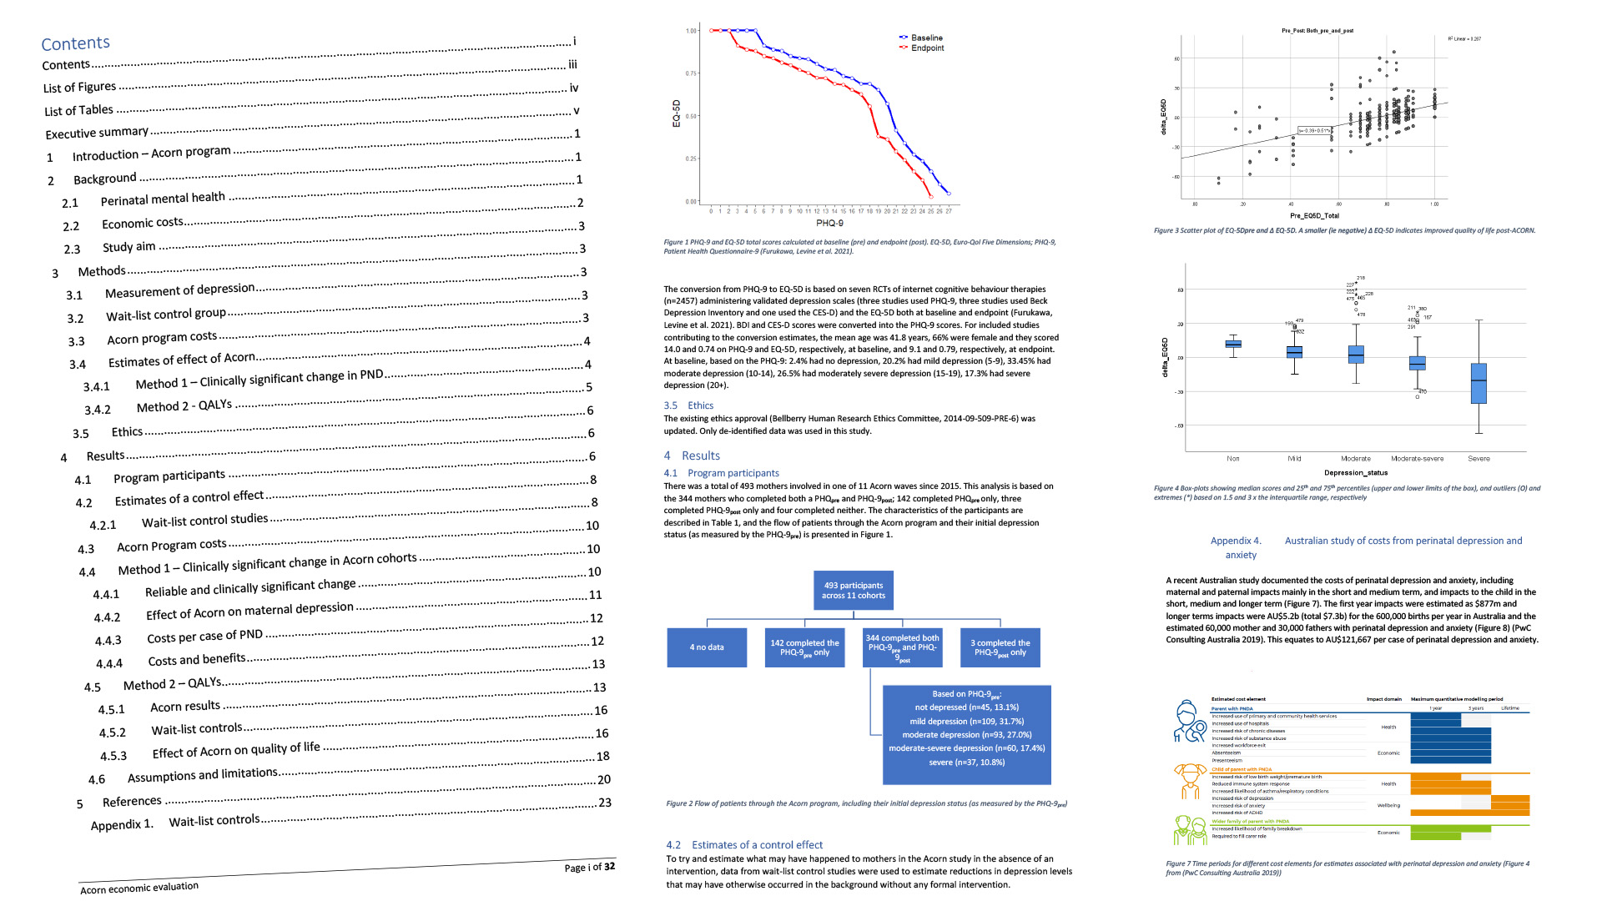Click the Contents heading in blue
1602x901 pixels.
coord(75,43)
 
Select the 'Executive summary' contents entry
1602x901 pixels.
coord(97,133)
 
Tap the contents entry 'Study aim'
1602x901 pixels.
coord(128,247)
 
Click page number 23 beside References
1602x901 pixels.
coord(605,803)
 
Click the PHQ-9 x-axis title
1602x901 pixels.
coord(829,223)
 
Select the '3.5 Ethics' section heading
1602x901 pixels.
coord(688,405)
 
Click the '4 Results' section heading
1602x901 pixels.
coord(692,456)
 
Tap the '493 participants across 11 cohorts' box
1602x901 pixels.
coord(854,591)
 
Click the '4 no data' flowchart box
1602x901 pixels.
coord(707,647)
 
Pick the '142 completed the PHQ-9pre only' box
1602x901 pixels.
coord(804,647)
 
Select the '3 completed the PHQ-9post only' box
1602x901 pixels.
coord(1000,647)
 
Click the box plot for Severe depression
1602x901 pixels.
coord(1479,383)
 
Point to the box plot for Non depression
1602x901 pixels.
coord(1233,344)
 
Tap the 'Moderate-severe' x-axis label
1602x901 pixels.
coord(1417,459)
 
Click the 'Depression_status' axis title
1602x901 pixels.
coord(1356,473)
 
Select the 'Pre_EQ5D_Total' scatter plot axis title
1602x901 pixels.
coord(1314,216)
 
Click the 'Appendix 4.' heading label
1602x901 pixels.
coord(1236,541)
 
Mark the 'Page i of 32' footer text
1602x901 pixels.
coord(589,867)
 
